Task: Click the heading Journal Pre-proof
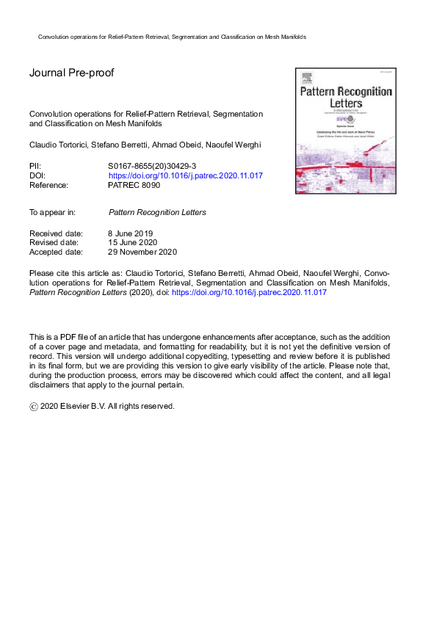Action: pos(72,73)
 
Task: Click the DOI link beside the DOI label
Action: pos(185,176)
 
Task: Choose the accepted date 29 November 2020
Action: pos(142,252)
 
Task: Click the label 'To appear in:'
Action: pos(51,212)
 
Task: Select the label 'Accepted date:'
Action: pos(55,252)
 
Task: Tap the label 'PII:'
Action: pos(35,167)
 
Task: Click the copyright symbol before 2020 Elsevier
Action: pos(33,406)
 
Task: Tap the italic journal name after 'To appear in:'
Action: pos(157,212)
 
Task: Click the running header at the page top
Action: pos(171,36)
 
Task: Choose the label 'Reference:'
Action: pos(48,186)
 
